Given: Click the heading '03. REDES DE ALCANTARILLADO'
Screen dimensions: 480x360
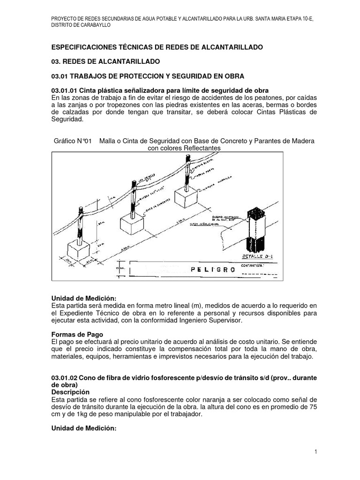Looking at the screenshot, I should click(x=105, y=61).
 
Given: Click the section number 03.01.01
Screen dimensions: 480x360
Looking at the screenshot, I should click(x=64, y=90).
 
